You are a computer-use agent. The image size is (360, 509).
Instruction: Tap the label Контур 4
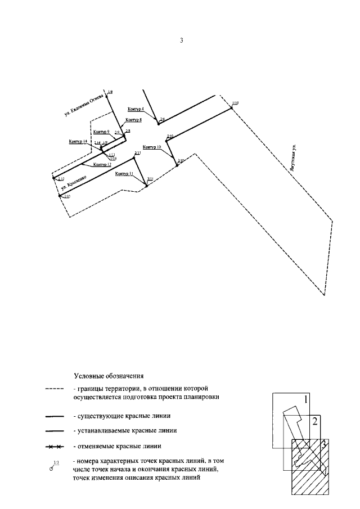coord(136,109)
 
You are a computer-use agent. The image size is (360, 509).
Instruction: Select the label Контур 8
coord(134,120)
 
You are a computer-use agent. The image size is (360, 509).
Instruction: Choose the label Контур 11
coord(124,174)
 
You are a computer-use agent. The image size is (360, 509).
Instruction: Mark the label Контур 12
coord(102,164)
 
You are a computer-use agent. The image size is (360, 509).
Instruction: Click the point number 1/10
coord(235,103)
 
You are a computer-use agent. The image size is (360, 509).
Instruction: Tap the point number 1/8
coord(110,91)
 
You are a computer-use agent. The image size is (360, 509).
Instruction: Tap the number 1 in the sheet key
coord(306,400)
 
